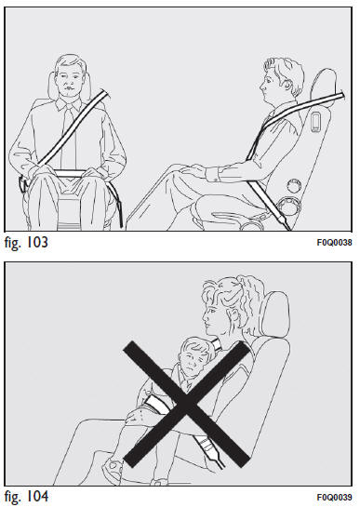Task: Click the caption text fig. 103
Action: coord(26,243)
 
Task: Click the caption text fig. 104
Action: coord(26,497)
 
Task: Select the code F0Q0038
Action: coord(334,243)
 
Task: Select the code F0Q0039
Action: coord(334,497)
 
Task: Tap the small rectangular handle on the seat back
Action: coord(315,122)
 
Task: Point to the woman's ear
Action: coord(233,316)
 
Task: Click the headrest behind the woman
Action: coord(275,314)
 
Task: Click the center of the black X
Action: coord(186,403)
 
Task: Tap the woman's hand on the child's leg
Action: coord(138,417)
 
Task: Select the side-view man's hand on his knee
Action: coord(193,170)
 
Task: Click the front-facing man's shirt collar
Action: coord(69,104)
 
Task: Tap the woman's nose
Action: coord(205,316)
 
